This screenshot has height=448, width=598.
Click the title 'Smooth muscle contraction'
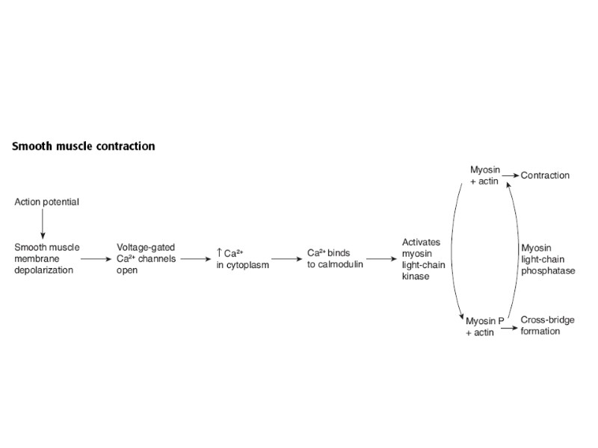pos(84,146)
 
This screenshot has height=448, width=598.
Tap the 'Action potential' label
pos(46,202)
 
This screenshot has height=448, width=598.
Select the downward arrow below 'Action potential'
pos(43,224)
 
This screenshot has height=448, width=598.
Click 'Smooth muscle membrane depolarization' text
pos(46,258)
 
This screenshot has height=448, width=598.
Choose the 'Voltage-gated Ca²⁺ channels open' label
pos(147,258)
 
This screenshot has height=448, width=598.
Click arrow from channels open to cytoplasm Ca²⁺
pos(196,258)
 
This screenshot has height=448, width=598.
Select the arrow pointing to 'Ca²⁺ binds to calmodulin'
pos(282,258)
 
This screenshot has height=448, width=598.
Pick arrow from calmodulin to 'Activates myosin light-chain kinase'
pos(380,258)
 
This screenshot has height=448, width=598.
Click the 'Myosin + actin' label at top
pos(484,175)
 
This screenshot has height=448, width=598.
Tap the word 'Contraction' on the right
pos(545,175)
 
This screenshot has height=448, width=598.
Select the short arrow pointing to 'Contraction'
pos(511,175)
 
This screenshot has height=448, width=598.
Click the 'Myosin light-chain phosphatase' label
pos(548,258)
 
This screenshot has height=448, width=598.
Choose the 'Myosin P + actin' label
pos(483,326)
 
